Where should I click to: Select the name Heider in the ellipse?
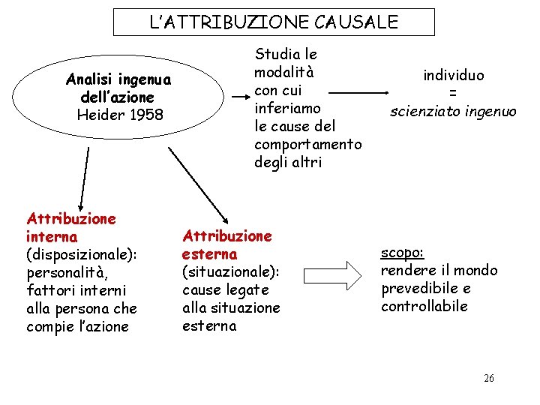click(100, 115)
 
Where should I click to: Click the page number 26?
click(489, 378)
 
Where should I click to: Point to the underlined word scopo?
click(402, 253)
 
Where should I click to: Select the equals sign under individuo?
click(453, 93)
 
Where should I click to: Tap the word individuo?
click(453, 75)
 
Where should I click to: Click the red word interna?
click(51, 237)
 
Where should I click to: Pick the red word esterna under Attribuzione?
click(209, 254)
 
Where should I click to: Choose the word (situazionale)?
click(230, 272)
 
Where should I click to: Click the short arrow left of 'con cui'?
click(241, 97)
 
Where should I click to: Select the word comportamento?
click(307, 144)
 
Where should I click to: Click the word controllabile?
click(424, 306)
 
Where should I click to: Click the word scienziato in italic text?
click(422, 111)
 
